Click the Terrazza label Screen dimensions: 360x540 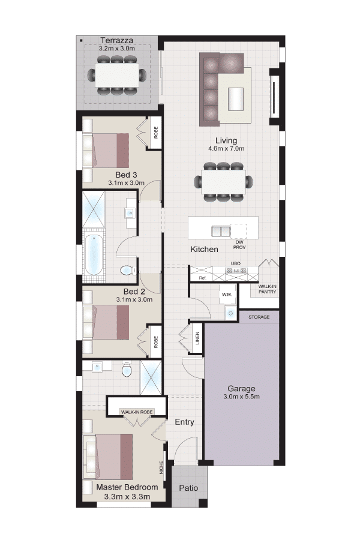(x=116, y=40)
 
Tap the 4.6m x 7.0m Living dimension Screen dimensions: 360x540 (x=226, y=149)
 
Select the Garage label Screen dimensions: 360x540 (x=241, y=389)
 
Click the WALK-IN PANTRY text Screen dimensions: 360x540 (x=268, y=289)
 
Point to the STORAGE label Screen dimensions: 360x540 (x=259, y=317)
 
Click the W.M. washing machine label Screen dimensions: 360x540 (x=227, y=295)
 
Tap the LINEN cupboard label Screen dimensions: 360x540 (x=197, y=338)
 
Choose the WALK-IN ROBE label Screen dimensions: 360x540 (x=137, y=412)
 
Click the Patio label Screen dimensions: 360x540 (x=188, y=488)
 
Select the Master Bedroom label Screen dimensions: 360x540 (x=127, y=487)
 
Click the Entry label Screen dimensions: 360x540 (x=184, y=422)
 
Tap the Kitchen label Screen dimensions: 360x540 (x=204, y=250)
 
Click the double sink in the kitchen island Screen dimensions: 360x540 (x=220, y=231)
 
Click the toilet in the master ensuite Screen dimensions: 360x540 (x=127, y=370)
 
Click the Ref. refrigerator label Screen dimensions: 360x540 (x=203, y=278)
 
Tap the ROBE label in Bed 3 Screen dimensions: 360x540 (x=156, y=133)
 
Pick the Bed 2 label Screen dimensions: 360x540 (x=134, y=292)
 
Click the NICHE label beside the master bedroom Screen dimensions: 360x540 (x=161, y=468)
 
